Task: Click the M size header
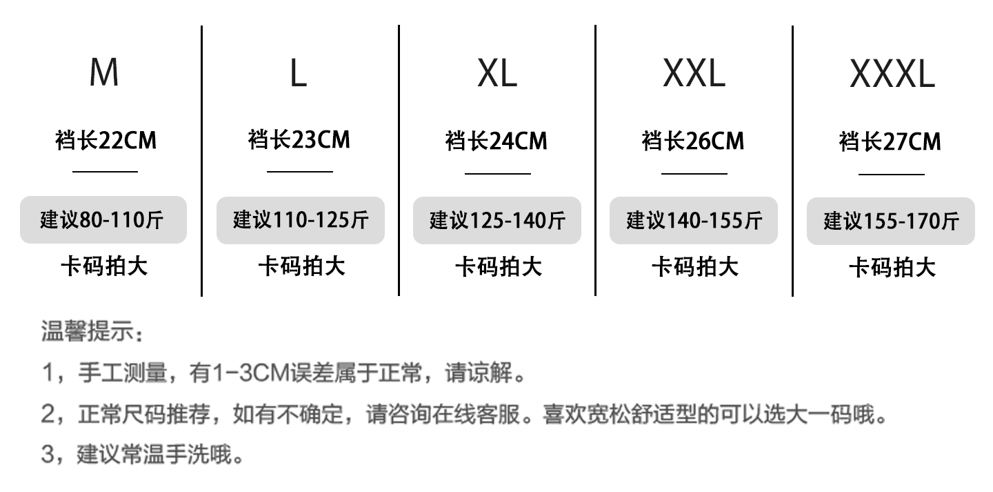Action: pos(104,72)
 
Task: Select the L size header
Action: pos(298,72)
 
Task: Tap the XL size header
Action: pos(496,72)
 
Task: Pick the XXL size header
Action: pos(694,72)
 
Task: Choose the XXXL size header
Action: pos(892,73)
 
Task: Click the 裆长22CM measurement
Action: pos(106,141)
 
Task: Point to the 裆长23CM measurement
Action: pos(299,140)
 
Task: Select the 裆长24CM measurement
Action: pos(496,141)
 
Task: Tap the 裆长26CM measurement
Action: pos(693,141)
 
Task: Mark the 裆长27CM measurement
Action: pos(890,142)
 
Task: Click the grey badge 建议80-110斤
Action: pos(103,220)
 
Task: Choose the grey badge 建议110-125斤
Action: pos(301,220)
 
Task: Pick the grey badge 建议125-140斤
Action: pos(497,221)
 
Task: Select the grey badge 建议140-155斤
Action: pos(694,220)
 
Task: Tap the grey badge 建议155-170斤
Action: pos(891,222)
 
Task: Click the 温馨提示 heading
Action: pos(92,332)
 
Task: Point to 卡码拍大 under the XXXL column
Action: pos(892,267)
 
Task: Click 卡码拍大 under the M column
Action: pos(104,266)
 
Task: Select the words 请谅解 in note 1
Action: pos(485,373)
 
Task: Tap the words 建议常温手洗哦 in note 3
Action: pos(160,455)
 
